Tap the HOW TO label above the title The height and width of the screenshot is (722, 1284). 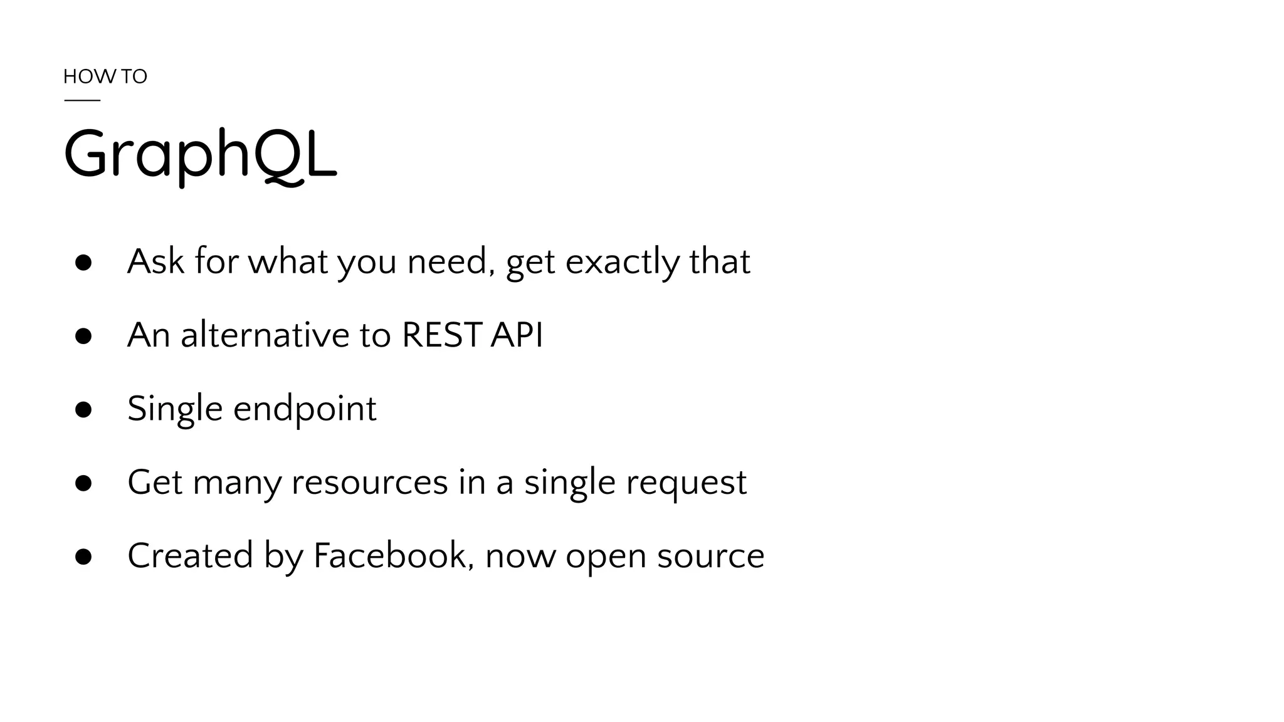[x=105, y=76]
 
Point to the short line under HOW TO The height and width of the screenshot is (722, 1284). [x=82, y=100]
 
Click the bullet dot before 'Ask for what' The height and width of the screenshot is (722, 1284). [x=83, y=263]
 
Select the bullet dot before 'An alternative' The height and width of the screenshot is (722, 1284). [x=83, y=336]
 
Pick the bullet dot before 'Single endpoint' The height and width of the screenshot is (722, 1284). [x=83, y=410]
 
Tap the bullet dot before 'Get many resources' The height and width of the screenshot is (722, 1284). [x=83, y=483]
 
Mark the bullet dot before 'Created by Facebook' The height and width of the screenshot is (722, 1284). [x=83, y=557]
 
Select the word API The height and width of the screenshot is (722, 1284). [x=517, y=335]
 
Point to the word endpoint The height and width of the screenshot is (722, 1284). [x=305, y=409]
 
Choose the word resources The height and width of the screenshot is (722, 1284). [x=370, y=483]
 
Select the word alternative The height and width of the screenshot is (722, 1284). [x=265, y=335]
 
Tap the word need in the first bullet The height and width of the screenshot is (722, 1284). [x=446, y=262]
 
